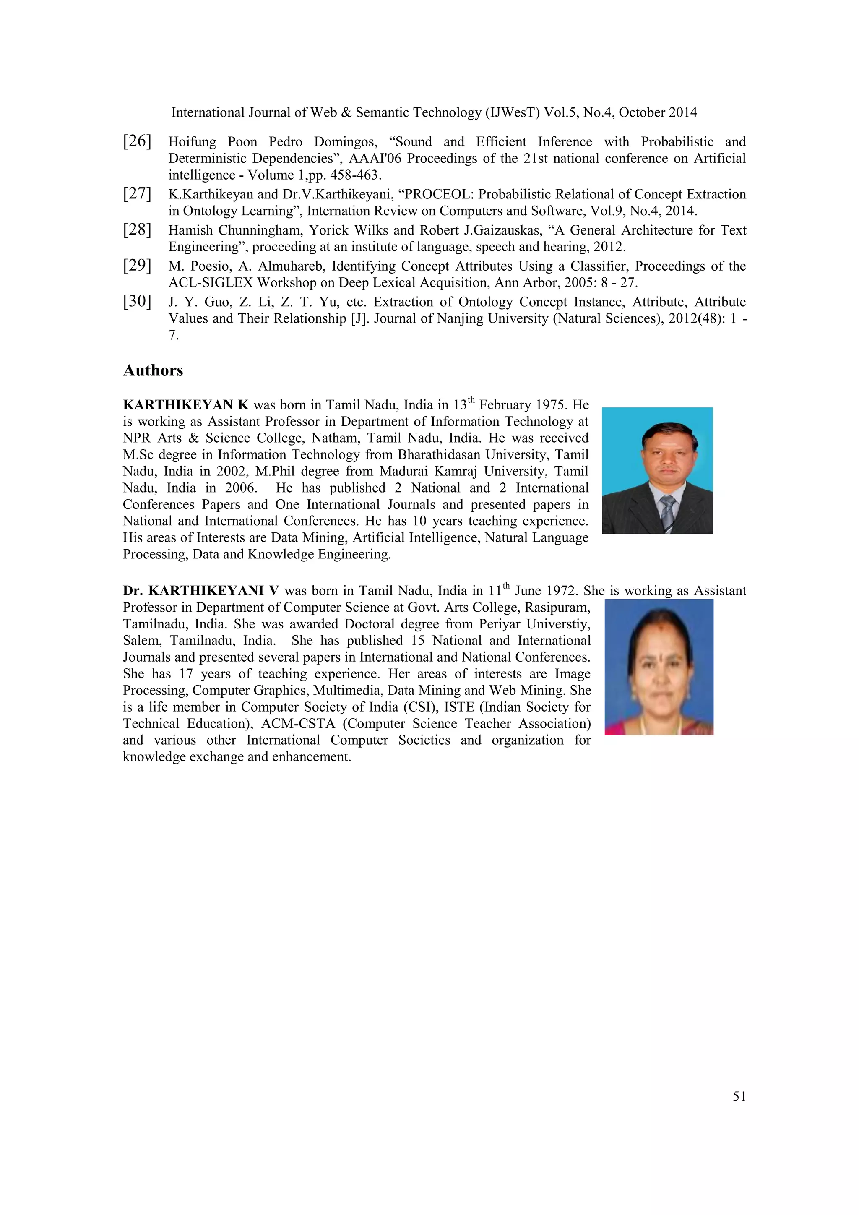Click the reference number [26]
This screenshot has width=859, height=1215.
[x=137, y=141]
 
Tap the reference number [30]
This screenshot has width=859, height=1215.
[x=137, y=302]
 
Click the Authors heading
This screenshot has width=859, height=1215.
[x=153, y=370]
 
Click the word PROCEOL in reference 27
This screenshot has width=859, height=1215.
[x=433, y=194]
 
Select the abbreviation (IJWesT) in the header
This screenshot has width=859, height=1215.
[x=511, y=113]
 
